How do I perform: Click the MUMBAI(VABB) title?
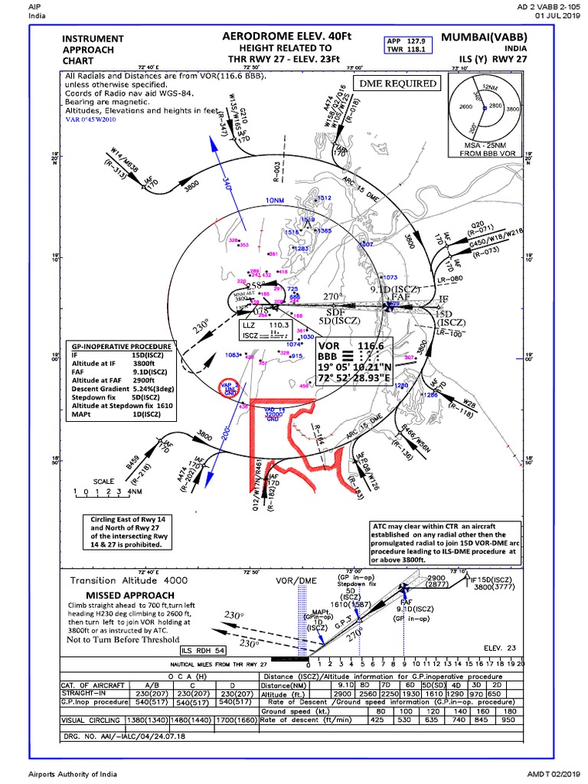483,36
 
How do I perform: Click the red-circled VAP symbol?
230,388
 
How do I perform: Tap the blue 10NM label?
273,200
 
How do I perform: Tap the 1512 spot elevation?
324,198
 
